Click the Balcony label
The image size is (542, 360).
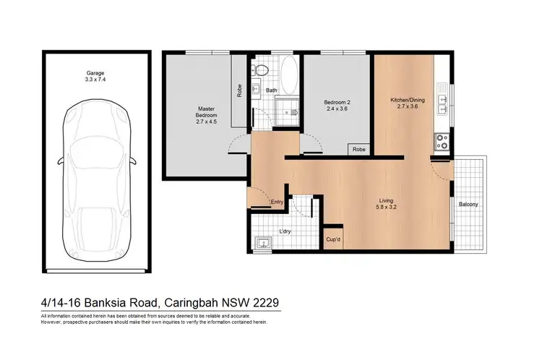468,205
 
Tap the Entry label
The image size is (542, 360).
276,202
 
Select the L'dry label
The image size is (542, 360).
286,232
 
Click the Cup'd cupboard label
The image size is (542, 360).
333,239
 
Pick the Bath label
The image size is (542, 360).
272,90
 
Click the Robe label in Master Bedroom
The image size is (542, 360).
239,91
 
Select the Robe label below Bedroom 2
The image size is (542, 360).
359,150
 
